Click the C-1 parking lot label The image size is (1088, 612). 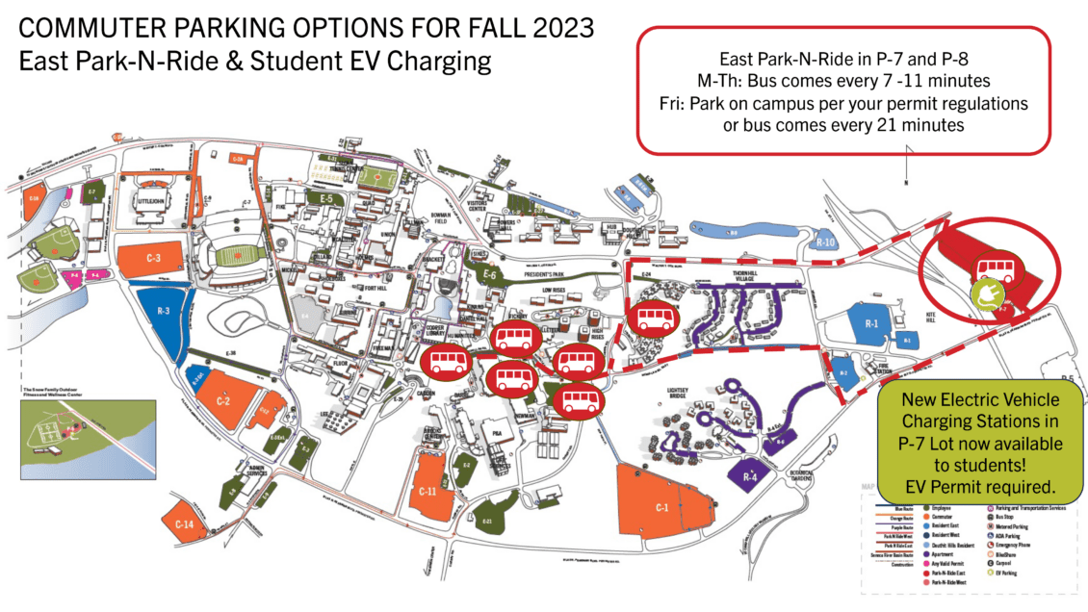662,507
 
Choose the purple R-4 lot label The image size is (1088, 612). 752,475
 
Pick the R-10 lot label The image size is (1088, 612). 825,242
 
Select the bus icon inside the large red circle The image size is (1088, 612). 995,270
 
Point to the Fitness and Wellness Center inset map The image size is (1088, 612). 87,438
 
